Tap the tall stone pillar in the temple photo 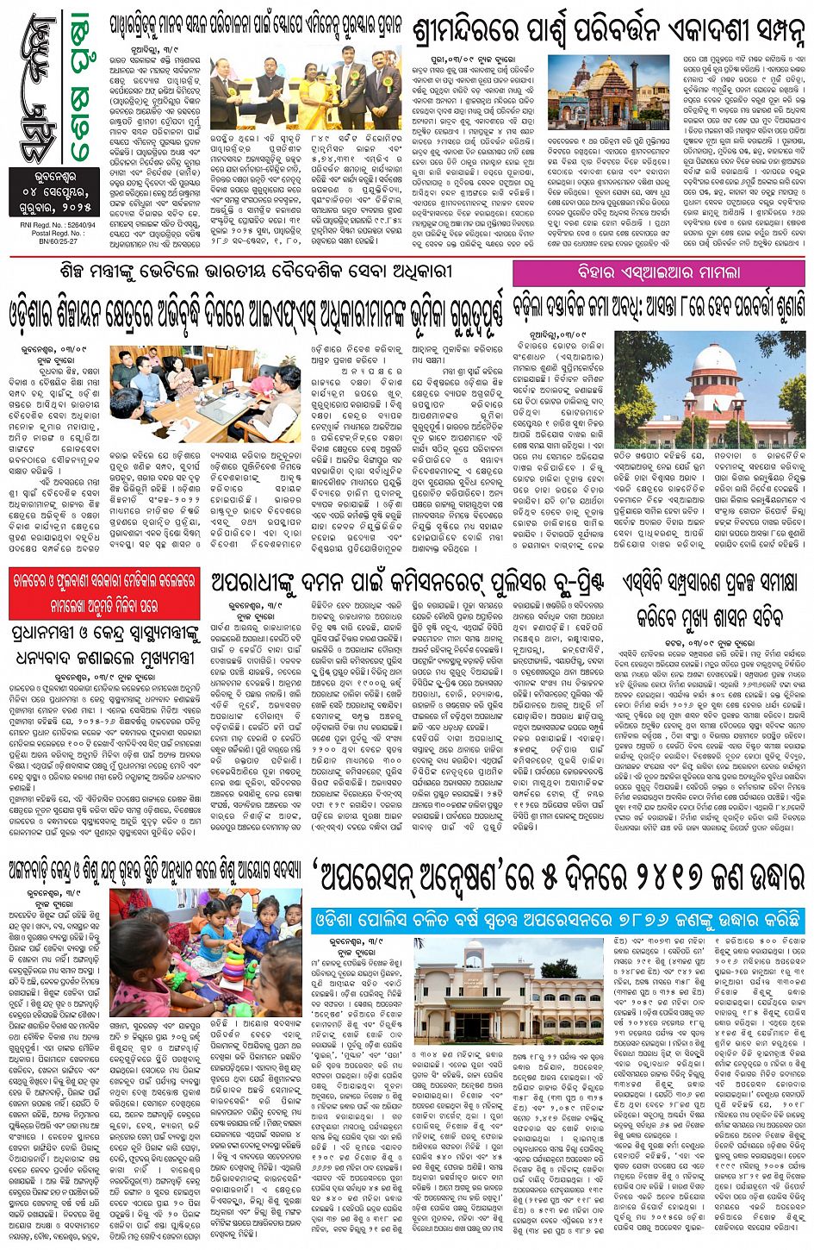(x=634, y=86)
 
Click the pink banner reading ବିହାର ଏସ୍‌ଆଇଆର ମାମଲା (x=659, y=272)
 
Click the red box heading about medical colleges (x=103, y=593)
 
